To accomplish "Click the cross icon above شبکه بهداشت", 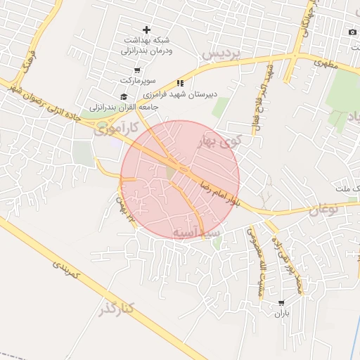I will pos(146,30).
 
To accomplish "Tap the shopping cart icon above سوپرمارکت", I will pos(136,70).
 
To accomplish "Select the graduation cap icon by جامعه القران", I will pos(124,96).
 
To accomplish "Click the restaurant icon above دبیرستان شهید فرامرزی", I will pos(180,83).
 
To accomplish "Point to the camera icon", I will pos(352,32).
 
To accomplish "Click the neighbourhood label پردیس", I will pos(221,53).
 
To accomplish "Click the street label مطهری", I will pos(326,63).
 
